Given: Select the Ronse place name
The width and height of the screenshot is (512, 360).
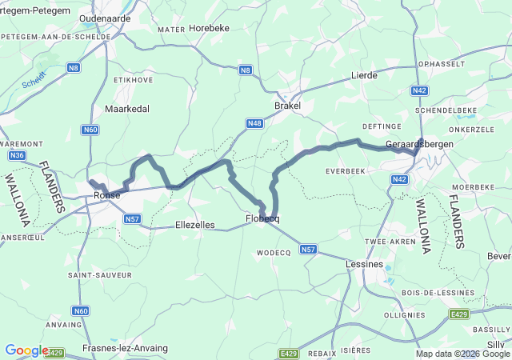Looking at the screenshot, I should pyautogui.click(x=106, y=195).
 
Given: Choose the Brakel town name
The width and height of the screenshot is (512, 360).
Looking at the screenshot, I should pyautogui.click(x=287, y=106).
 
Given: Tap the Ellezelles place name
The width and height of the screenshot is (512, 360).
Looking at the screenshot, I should pyautogui.click(x=194, y=226).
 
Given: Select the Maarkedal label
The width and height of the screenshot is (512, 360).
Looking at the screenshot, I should pyautogui.click(x=127, y=108).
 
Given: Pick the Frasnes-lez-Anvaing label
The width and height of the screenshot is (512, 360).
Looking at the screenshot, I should pyautogui.click(x=125, y=348).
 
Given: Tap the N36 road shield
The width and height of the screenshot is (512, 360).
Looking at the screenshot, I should pyautogui.click(x=17, y=155).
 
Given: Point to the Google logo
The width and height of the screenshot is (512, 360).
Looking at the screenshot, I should pyautogui.click(x=26, y=350).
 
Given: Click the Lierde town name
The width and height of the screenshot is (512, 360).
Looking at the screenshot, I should pyautogui.click(x=364, y=75).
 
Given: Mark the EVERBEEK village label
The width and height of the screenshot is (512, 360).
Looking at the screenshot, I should pyautogui.click(x=347, y=171).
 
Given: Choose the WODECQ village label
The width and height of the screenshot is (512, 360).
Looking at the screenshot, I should pyautogui.click(x=273, y=252).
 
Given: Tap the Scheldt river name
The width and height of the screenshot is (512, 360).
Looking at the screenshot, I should pyautogui.click(x=34, y=81).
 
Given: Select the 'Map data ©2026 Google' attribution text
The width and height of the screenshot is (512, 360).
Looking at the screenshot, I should pyautogui.click(x=463, y=354).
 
